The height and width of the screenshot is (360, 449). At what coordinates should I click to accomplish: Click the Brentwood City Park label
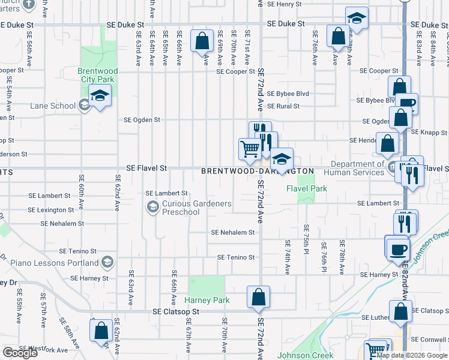(x=98, y=74)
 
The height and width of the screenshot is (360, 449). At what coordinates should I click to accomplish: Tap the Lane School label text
(x=53, y=106)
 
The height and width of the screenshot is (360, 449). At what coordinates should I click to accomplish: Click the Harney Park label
(x=207, y=300)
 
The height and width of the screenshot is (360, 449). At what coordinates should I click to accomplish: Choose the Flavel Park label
(x=306, y=188)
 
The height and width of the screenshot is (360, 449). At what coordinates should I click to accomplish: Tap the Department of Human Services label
(x=354, y=168)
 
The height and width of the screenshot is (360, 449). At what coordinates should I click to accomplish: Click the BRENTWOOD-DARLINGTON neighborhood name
(x=258, y=171)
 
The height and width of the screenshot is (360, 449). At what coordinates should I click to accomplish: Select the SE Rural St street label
(x=283, y=106)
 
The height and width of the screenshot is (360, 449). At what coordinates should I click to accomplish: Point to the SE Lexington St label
(x=53, y=210)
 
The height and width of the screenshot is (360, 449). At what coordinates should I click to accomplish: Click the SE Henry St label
(x=285, y=4)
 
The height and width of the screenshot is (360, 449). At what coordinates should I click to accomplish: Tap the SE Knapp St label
(x=430, y=133)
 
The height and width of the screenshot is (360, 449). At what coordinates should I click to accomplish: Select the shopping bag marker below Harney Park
(x=258, y=297)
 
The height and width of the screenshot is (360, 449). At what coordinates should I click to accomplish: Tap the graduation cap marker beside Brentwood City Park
(x=100, y=95)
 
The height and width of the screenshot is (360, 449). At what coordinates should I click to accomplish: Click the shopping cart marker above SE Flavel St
(x=250, y=148)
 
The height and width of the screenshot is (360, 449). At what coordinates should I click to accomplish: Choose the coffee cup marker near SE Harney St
(x=396, y=248)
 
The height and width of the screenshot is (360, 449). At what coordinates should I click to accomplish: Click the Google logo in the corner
(x=20, y=353)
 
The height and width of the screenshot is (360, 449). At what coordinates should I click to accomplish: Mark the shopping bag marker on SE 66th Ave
(x=202, y=41)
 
